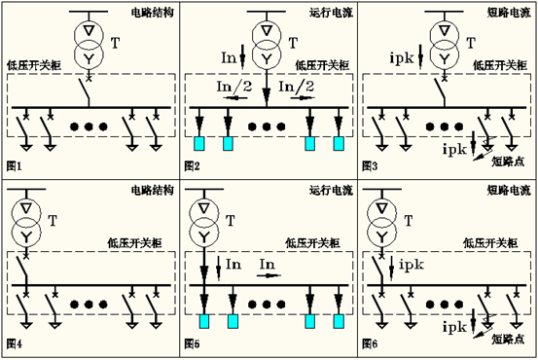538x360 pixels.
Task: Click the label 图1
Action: [14, 167]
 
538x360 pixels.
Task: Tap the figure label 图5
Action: [193, 345]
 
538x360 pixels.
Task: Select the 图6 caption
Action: [371, 345]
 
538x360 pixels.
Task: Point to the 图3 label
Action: [371, 167]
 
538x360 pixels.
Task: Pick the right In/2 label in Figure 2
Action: [295, 86]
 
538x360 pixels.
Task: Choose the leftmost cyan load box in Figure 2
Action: [200, 145]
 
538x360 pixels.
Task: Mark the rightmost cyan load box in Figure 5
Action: [339, 322]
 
